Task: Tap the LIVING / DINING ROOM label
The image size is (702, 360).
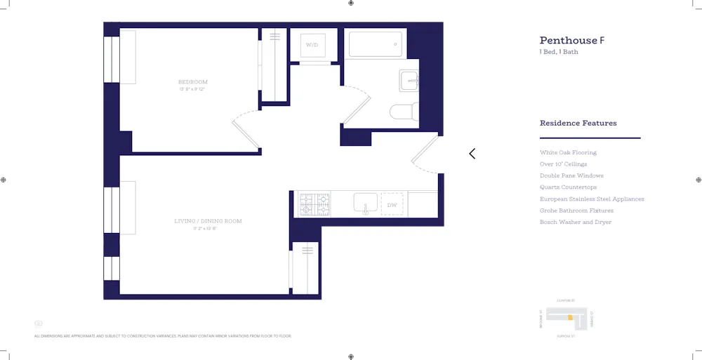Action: click(x=208, y=221)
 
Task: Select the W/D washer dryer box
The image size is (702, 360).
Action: click(x=312, y=46)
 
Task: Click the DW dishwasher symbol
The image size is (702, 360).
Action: click(x=392, y=205)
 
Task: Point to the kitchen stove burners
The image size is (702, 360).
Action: click(x=315, y=204)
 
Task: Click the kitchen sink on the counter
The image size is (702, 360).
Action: click(x=365, y=204)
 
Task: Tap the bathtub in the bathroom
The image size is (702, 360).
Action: click(x=376, y=44)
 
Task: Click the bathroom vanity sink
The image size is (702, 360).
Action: click(x=409, y=81)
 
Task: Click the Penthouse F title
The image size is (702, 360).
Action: click(x=571, y=41)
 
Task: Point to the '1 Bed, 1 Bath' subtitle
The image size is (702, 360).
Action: click(x=559, y=52)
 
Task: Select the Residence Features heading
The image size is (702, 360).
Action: click(x=578, y=123)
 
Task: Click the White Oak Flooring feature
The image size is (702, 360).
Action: click(x=568, y=152)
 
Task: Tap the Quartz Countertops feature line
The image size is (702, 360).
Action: click(x=568, y=187)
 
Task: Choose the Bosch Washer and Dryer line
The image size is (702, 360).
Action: click(x=575, y=222)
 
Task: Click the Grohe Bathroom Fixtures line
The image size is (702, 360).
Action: click(x=576, y=211)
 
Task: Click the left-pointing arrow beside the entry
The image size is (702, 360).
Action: click(x=472, y=154)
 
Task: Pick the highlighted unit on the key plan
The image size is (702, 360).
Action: click(x=570, y=318)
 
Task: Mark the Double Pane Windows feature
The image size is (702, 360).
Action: click(x=571, y=175)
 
